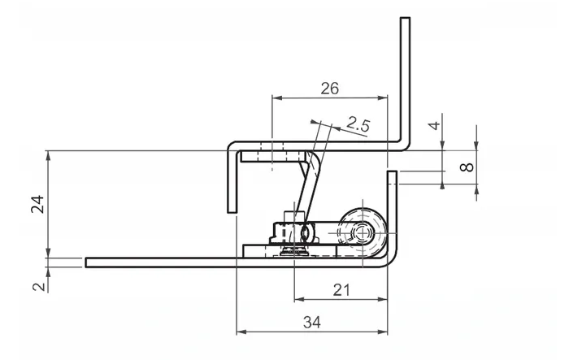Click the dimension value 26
click(329, 89)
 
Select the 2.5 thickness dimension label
click(358, 124)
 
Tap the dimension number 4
click(434, 125)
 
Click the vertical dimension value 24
click(37, 204)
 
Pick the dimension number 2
click(39, 287)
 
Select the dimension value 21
click(341, 290)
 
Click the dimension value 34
click(312, 322)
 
